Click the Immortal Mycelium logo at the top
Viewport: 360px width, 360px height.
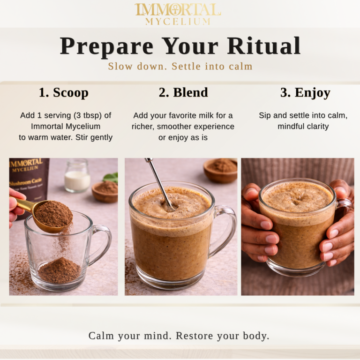(x=178, y=14)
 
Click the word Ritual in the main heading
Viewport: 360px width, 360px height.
(x=264, y=46)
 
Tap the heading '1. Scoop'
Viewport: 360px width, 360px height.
(x=63, y=93)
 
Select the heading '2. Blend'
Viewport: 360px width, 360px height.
(x=183, y=93)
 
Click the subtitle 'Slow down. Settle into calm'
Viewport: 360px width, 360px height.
(x=180, y=67)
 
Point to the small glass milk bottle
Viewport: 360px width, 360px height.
(x=77, y=176)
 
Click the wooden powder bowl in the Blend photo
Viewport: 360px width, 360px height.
(x=220, y=170)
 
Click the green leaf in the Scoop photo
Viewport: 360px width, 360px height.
(x=111, y=178)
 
